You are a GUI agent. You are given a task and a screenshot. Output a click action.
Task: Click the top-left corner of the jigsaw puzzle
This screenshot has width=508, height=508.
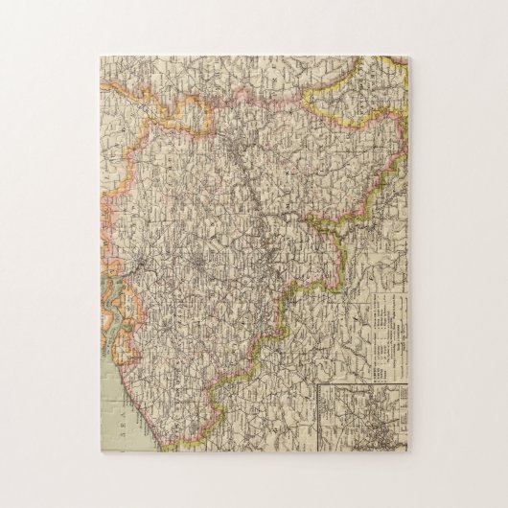pyautogui.click(x=99, y=57)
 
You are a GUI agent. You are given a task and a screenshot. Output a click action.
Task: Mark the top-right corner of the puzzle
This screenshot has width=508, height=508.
pyautogui.click(x=412, y=57)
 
